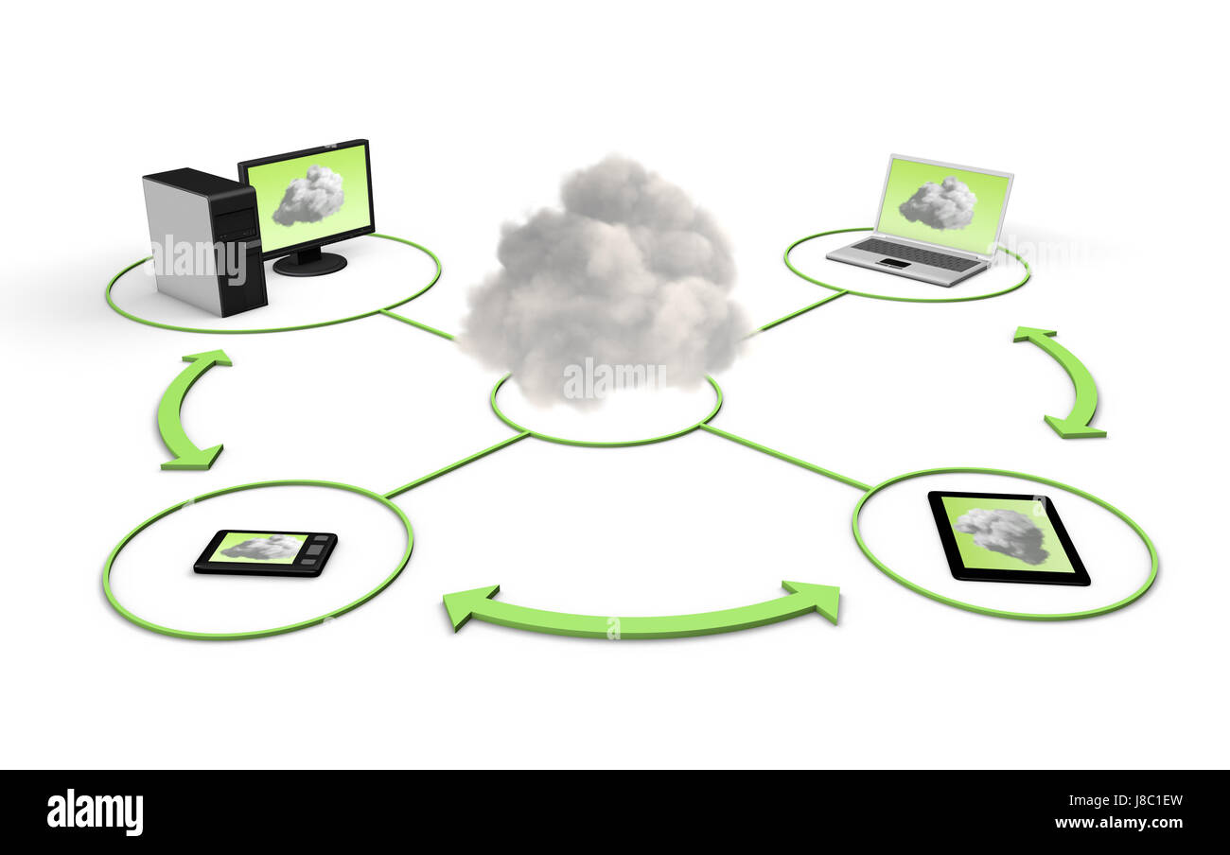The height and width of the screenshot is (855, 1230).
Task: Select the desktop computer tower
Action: pyautogui.click(x=203, y=241)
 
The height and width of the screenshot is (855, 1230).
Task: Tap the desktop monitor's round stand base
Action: pyautogui.click(x=310, y=264)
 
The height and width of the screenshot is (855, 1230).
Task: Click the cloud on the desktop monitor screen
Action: pyautogui.click(x=307, y=196)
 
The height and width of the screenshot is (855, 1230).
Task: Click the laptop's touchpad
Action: pyautogui.click(x=894, y=265)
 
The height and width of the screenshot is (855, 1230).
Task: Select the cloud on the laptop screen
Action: pyautogui.click(x=938, y=203)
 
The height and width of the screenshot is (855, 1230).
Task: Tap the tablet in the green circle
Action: pyautogui.click(x=1009, y=538)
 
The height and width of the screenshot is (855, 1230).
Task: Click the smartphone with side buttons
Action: pyautogui.click(x=266, y=552)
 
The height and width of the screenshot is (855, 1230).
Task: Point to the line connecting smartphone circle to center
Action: pyautogui.click(x=457, y=464)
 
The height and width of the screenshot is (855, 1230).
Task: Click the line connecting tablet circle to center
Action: pyautogui.click(x=785, y=457)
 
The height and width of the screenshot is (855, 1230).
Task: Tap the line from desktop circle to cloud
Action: pyautogui.click(x=418, y=323)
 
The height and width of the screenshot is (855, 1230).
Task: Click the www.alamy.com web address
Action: pyautogui.click(x=1118, y=823)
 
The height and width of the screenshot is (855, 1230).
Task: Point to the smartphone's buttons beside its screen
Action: pyautogui.click(x=316, y=553)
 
